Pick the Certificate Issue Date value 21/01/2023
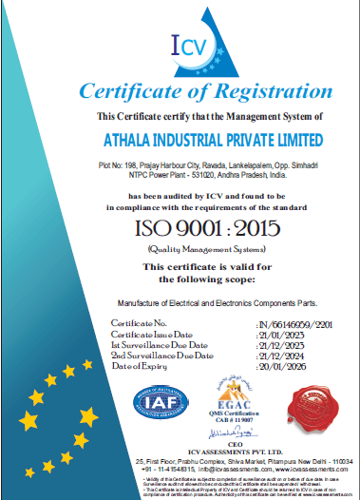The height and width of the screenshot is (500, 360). tap(281, 335)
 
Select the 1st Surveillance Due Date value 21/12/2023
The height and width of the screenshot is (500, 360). tap(281, 344)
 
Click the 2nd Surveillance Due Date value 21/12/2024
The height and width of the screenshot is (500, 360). tap(281, 355)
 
